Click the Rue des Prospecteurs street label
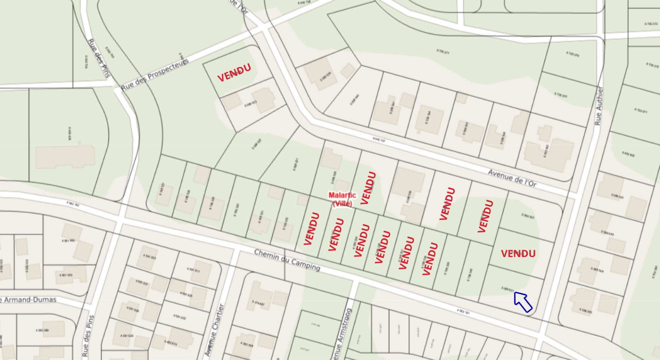(x=155, y=75)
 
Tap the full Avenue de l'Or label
(x=512, y=178)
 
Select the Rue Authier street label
(x=599, y=106)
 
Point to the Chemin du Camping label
(x=287, y=260)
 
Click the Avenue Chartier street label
(x=214, y=330)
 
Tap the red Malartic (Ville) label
(x=342, y=199)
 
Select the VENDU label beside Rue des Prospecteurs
(x=234, y=73)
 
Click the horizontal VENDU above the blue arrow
(x=518, y=254)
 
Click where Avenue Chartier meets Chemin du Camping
(x=236, y=248)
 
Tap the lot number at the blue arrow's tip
(x=507, y=289)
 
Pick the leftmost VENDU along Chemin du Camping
(x=312, y=229)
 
